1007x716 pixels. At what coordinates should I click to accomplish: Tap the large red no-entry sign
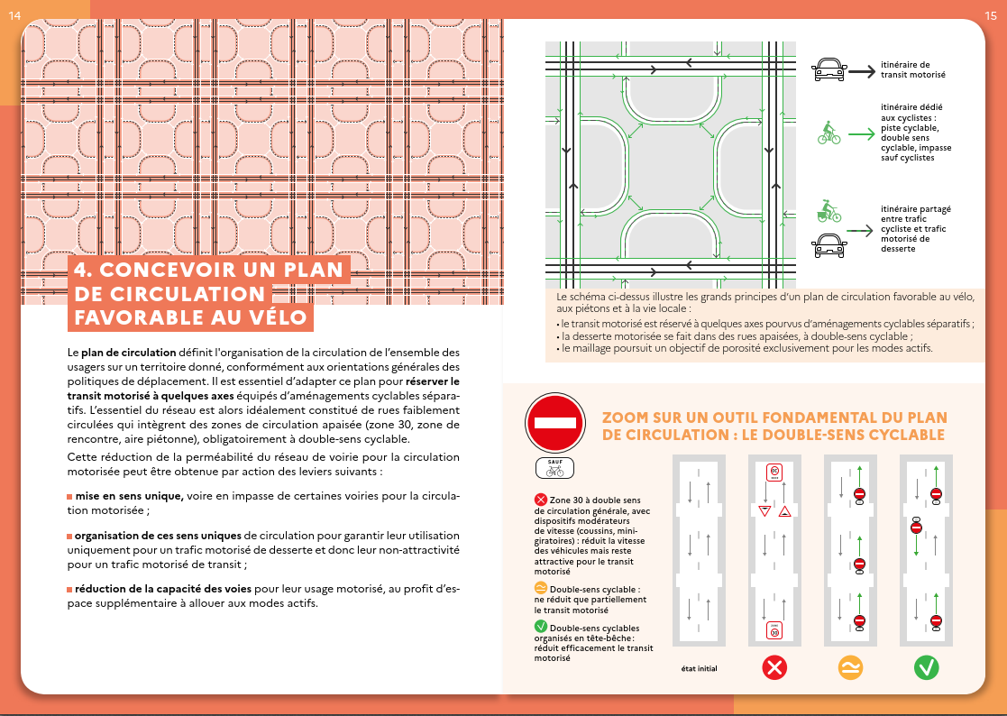[554, 423]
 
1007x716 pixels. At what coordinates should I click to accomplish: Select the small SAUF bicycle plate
[554, 467]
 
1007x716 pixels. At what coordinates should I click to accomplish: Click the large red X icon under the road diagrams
[774, 668]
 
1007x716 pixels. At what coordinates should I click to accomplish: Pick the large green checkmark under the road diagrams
[926, 668]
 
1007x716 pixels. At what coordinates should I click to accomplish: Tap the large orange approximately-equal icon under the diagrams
[850, 668]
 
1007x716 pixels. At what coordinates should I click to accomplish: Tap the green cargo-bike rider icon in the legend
[828, 213]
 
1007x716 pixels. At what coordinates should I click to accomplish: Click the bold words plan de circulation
[119, 351]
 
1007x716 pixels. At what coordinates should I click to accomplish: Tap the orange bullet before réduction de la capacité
[69, 589]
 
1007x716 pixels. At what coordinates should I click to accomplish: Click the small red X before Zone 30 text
[541, 499]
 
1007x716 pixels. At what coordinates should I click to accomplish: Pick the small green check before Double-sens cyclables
[541, 626]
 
